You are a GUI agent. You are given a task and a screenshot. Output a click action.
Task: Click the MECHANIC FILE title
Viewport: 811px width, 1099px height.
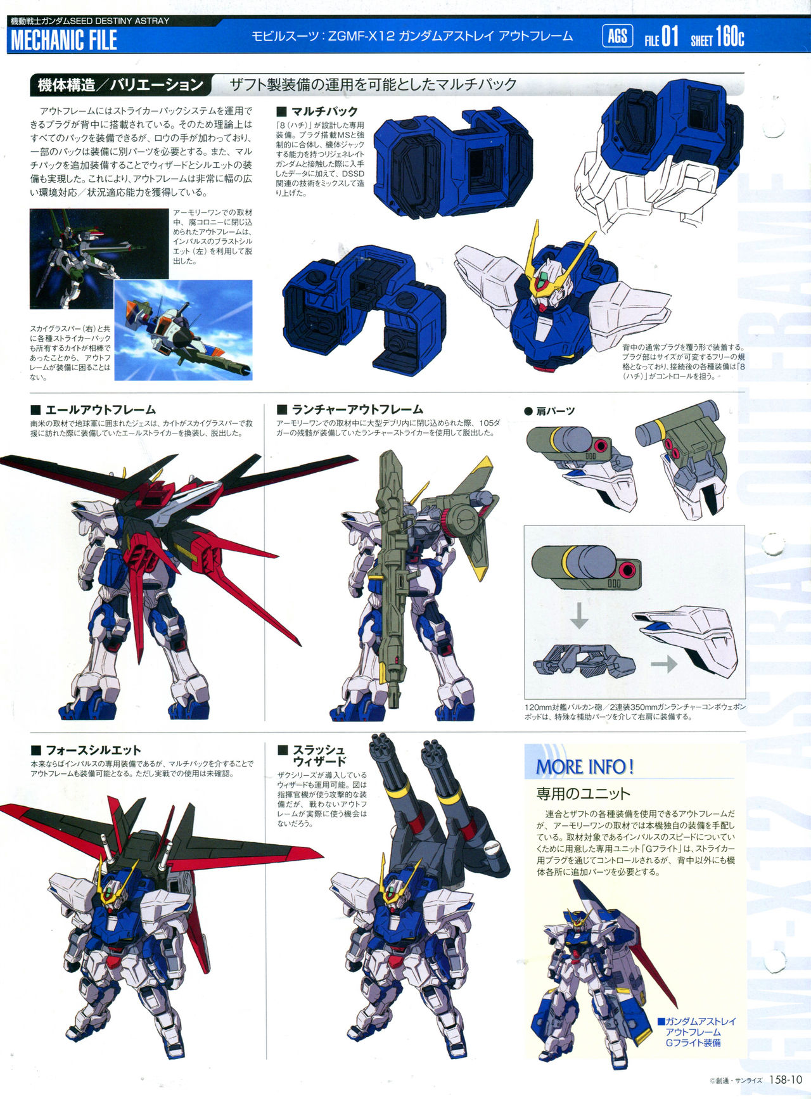click(64, 40)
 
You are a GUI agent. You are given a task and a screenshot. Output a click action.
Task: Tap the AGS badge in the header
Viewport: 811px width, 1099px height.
click(617, 36)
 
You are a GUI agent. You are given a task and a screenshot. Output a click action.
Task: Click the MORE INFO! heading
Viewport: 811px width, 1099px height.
click(584, 767)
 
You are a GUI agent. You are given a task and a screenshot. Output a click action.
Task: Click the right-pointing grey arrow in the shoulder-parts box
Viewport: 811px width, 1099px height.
click(663, 664)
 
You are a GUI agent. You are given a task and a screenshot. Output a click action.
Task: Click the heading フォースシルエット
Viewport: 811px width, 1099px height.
click(93, 750)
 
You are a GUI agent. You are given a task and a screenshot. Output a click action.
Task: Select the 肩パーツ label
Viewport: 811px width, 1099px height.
click(555, 411)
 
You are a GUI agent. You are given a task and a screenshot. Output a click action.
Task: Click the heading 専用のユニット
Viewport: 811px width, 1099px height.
click(583, 794)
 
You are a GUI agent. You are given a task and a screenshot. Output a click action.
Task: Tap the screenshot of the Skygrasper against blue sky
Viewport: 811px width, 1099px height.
click(183, 330)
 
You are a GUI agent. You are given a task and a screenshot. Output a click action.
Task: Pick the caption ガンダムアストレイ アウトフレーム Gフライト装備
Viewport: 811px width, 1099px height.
click(697, 1032)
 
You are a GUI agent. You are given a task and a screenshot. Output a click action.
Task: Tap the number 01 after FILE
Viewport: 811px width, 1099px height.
click(670, 37)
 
